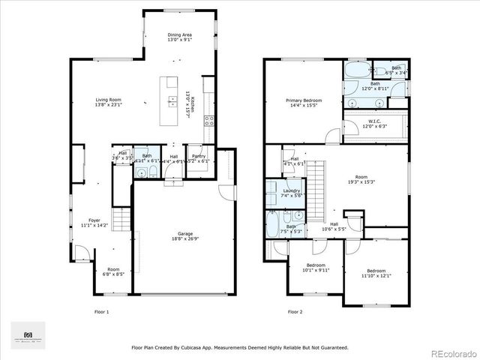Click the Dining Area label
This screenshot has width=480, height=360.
point(179,34)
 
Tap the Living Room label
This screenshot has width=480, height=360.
point(109,99)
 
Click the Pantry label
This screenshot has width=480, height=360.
point(198,156)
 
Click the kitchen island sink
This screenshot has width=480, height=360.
point(172,82)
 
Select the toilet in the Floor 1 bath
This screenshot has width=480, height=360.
point(151,172)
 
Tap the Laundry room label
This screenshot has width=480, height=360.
point(292,190)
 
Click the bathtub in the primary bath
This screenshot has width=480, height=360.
point(355,73)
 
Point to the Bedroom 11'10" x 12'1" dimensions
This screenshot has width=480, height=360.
point(376,275)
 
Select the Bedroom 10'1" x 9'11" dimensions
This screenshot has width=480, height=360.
point(316,270)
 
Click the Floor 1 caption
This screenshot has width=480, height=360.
point(101,311)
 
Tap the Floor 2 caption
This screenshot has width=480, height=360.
point(295,311)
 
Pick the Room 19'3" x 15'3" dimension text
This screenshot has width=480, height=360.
point(361,181)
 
